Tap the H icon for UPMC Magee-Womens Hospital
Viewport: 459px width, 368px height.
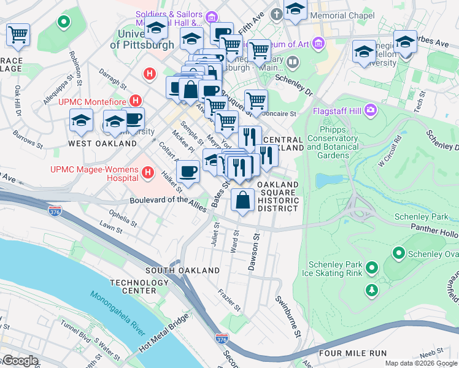point(147,174)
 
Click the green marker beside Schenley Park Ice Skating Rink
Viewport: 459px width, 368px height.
point(371,268)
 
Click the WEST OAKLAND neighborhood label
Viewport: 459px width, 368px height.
point(102,144)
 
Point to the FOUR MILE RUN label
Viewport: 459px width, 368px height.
point(353,353)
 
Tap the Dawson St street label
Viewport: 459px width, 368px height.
point(252,250)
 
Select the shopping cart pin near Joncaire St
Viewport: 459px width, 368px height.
point(256,101)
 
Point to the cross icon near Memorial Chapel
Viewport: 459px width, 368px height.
point(277,13)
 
